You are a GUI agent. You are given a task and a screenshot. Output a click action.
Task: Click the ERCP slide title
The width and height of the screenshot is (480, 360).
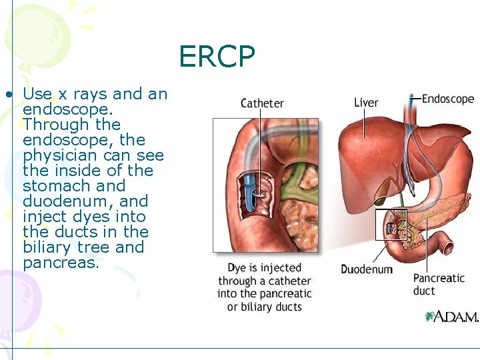coord(217,57)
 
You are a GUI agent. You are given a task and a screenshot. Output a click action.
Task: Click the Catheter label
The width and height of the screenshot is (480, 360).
coord(262,103)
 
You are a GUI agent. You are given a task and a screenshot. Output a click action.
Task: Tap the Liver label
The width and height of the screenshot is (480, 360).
coord(366,102)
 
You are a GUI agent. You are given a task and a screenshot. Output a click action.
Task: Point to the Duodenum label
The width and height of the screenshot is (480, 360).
coord(367,269)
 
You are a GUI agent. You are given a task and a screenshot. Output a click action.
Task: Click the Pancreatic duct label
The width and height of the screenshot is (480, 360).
coord(439,284)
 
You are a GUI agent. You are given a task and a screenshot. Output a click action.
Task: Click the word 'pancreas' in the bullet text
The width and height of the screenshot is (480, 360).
coord(61,263)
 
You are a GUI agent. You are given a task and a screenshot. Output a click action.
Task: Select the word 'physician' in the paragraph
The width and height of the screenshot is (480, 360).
coord(59,155)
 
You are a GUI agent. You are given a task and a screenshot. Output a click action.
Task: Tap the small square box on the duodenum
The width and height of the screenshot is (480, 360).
coord(391,225)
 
